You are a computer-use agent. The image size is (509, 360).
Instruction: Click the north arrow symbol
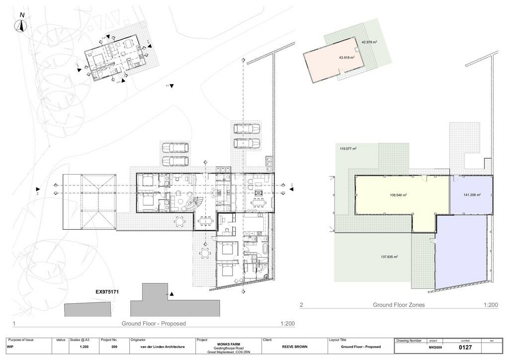click(x=22, y=25)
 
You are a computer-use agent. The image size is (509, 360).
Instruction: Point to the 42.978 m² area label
click(x=369, y=42)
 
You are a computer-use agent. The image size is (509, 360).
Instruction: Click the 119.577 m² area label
click(x=348, y=148)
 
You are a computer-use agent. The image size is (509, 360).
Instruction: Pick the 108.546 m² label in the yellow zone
click(x=399, y=195)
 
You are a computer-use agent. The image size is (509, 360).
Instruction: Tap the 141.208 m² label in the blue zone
click(x=472, y=195)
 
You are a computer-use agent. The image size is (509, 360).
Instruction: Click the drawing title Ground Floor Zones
click(x=399, y=305)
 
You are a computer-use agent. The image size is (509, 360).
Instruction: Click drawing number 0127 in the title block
click(x=465, y=348)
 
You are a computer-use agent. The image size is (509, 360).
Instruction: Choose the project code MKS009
click(x=435, y=348)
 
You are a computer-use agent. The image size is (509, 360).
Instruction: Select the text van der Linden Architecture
click(x=158, y=347)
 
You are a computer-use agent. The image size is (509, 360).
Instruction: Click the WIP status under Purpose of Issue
click(x=10, y=347)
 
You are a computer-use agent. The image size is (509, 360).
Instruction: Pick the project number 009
click(x=114, y=347)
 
